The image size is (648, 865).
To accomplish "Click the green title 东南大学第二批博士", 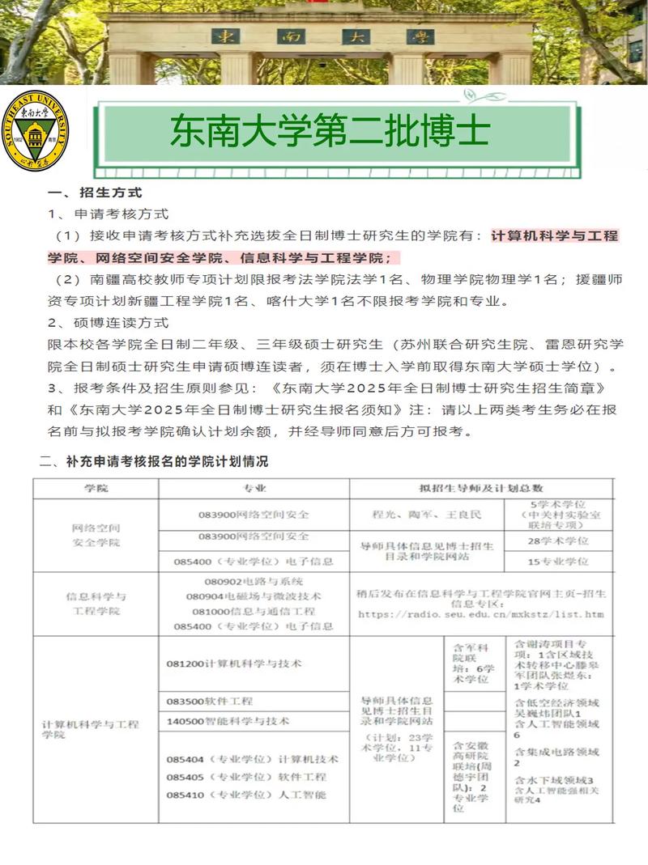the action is coord(330,132).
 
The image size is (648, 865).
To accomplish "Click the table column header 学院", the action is coord(96,489).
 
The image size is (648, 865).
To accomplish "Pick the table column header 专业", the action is coord(254,489).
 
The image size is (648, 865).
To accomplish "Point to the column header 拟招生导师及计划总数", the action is coord(481,489).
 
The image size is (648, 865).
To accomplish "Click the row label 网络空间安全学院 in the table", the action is coord(96,535).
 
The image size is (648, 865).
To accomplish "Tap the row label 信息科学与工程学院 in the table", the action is coord(96,604).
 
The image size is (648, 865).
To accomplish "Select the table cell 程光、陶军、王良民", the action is coord(426,515).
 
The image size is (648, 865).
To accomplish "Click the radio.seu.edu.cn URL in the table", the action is coord(480,614).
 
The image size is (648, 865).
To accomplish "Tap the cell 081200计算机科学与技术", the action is coord(233,663).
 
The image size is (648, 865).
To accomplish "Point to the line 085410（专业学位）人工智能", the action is coord(246,795).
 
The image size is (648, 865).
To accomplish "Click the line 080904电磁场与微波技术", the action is coord(254,596).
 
